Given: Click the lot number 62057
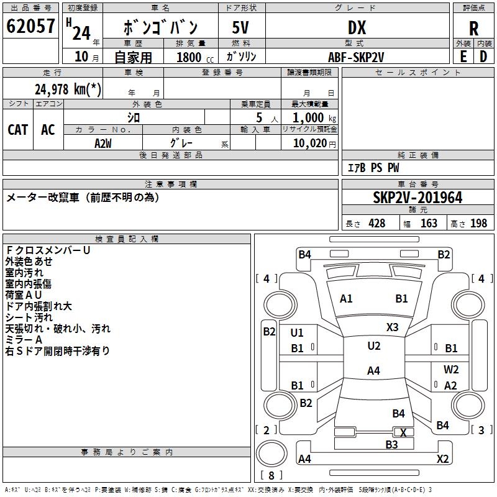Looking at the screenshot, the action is click(30, 27).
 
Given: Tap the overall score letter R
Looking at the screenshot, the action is click(473, 28).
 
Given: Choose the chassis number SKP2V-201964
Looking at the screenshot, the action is click(417, 198).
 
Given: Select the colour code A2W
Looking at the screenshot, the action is click(103, 144).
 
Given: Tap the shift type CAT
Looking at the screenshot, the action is click(18, 129).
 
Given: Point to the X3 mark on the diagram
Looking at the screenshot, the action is click(392, 327).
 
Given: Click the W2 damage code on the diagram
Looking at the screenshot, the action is click(451, 370).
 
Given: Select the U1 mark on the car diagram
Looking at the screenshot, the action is click(298, 333).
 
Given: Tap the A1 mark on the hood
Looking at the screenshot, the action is click(346, 299).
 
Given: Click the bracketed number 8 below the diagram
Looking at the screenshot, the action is click(271, 476).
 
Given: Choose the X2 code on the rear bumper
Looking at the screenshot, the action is click(442, 459).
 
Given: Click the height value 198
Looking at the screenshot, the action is click(479, 223).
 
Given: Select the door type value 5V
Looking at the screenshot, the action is click(241, 27).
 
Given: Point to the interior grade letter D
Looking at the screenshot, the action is click(483, 57).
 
